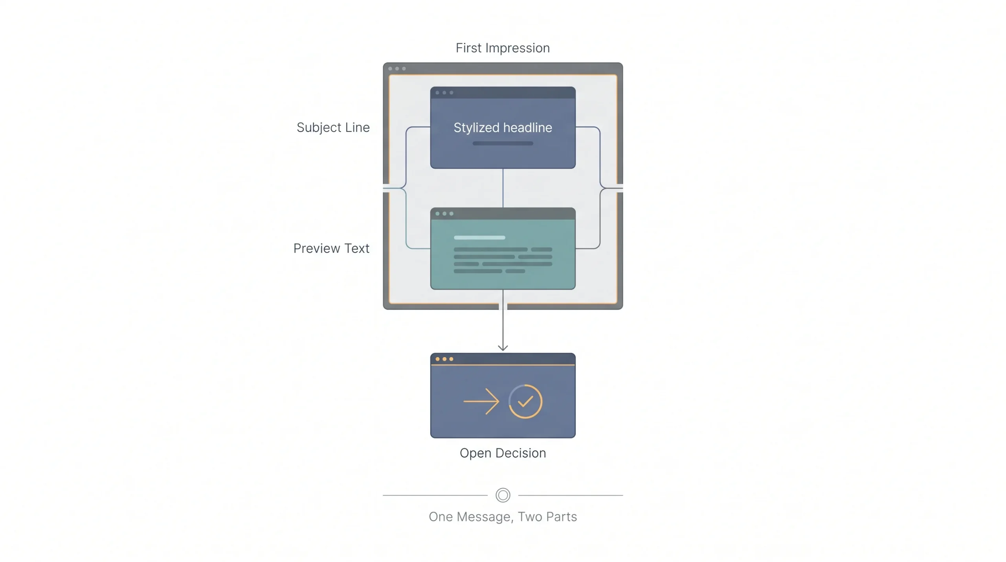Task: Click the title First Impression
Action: click(x=503, y=48)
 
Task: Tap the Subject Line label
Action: click(x=333, y=127)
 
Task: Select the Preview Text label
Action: click(x=331, y=248)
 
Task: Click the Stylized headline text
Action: click(x=503, y=127)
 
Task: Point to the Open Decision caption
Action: click(x=503, y=453)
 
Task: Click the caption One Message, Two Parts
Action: click(x=503, y=516)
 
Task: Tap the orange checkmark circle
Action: click(x=525, y=401)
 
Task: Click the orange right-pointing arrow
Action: click(x=481, y=401)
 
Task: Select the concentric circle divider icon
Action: click(x=503, y=495)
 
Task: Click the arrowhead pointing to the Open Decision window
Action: click(x=503, y=348)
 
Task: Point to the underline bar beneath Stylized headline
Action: click(x=503, y=143)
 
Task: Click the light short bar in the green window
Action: click(x=479, y=238)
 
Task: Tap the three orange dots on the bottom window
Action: click(x=444, y=359)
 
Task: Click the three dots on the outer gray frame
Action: click(x=397, y=68)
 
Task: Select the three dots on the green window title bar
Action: click(x=444, y=214)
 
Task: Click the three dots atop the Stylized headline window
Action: click(x=444, y=93)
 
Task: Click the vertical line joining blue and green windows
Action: click(x=503, y=188)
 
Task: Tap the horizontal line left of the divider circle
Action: click(x=435, y=495)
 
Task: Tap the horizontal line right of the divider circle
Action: click(x=571, y=495)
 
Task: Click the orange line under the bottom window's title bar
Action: click(x=503, y=365)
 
